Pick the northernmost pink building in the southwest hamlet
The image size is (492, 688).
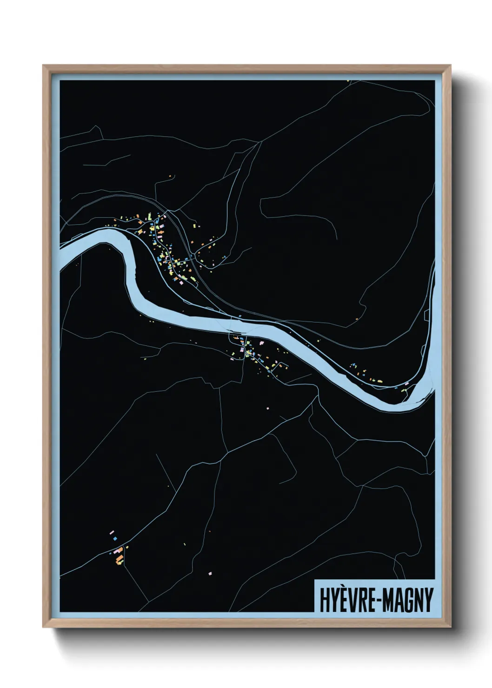pyautogui.click(x=112, y=531)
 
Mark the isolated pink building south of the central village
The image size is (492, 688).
pyautogui.click(x=268, y=408)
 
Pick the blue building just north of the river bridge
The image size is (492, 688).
pyautogui.click(x=240, y=316)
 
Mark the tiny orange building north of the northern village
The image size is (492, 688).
pyautogui.click(x=170, y=176)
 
